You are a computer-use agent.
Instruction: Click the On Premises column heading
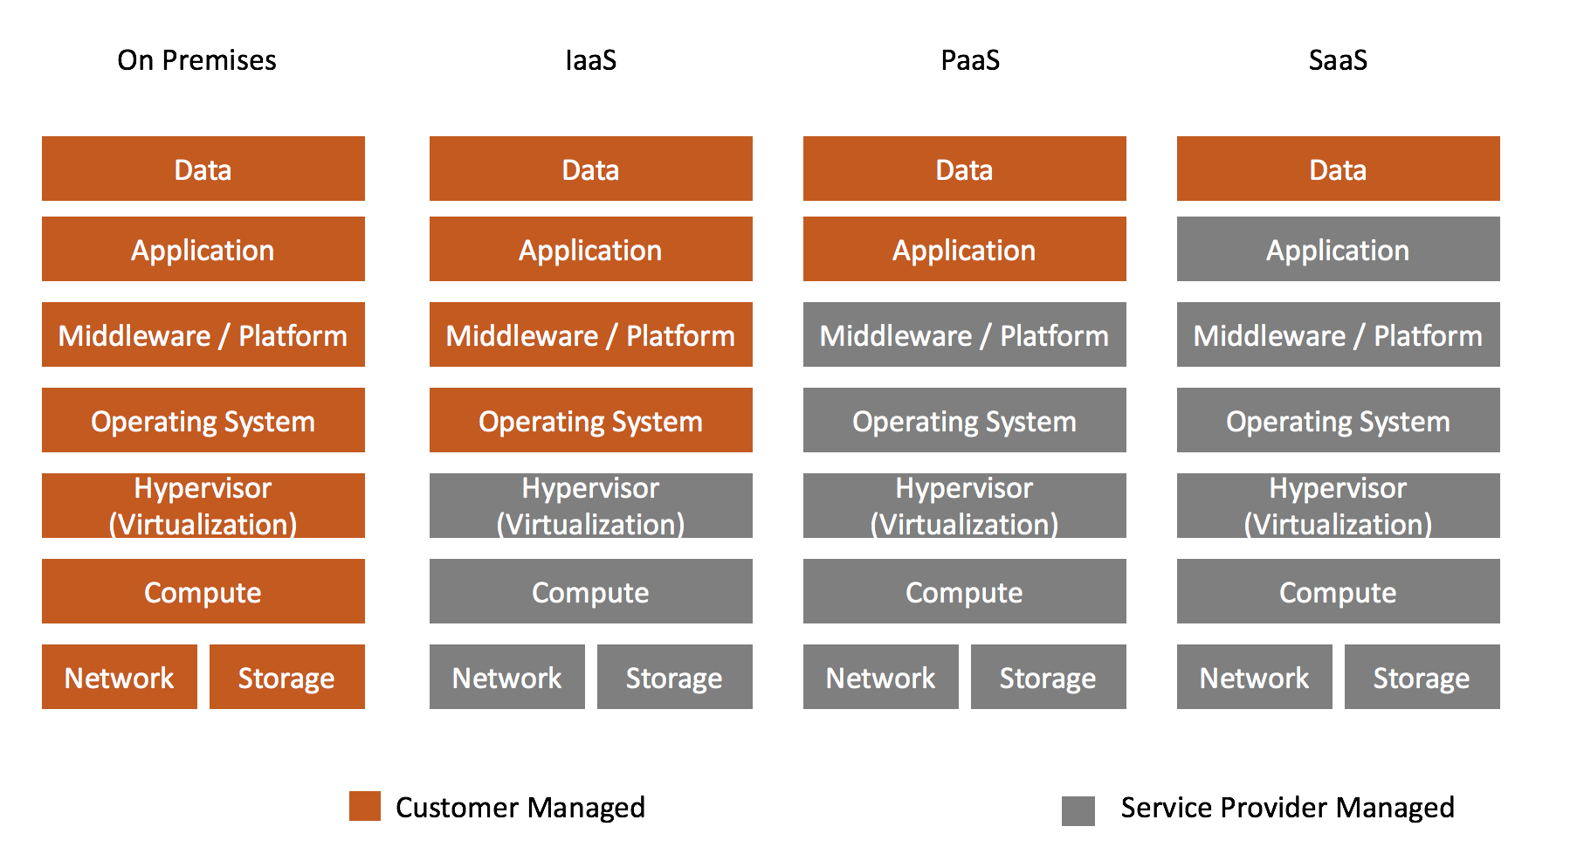pos(196,60)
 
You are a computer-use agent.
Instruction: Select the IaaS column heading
pos(591,60)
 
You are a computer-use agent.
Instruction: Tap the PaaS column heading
pos(970,60)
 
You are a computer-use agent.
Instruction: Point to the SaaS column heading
pos(1338,60)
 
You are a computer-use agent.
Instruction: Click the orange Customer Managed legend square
pos(365,806)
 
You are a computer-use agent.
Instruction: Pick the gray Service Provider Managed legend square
pos(1078,810)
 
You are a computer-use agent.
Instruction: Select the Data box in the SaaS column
pos(1339,169)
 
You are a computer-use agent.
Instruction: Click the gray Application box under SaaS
pos(1339,249)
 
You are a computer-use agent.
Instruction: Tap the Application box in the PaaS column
pos(965,249)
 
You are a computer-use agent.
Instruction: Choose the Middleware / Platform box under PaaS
pos(965,334)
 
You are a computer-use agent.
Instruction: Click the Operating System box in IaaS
pos(591,420)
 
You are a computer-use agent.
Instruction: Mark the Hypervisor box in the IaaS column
pos(591,506)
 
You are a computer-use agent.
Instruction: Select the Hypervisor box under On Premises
pos(203,506)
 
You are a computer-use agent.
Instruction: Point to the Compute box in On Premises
pos(203,591)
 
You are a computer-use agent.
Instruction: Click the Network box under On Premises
pos(120,677)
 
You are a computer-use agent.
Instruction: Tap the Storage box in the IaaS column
pos(675,677)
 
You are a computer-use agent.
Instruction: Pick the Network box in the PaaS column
pos(881,677)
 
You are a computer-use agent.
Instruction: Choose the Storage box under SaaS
pos(1422,677)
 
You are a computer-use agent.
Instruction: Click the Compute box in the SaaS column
pos(1339,591)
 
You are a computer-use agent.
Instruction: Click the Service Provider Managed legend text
pos(1288,808)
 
